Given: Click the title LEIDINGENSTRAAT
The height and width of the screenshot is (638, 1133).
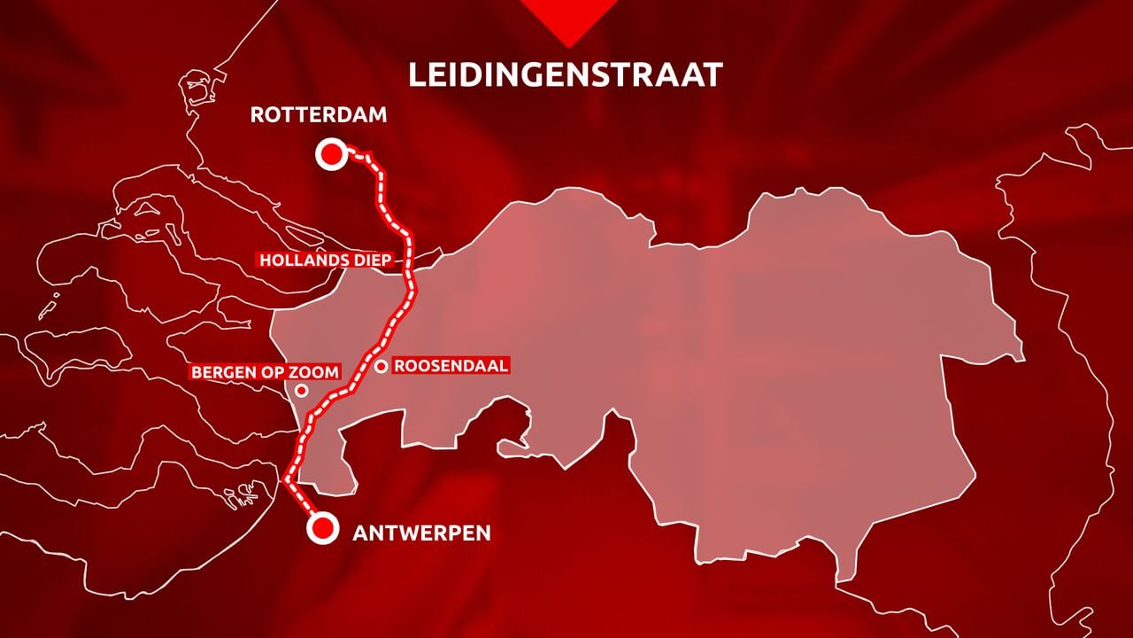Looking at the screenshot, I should pyautogui.click(x=566, y=74).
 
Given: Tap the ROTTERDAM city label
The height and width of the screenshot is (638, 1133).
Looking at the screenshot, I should pyautogui.click(x=319, y=115).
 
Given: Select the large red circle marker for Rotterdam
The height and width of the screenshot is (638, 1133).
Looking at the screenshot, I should pyautogui.click(x=331, y=155).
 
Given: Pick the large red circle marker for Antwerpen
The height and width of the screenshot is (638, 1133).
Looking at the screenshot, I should pyautogui.click(x=323, y=529).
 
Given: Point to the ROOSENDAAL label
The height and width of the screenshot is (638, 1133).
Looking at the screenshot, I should pyautogui.click(x=451, y=365).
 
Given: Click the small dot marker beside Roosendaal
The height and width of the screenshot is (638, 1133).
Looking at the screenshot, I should pyautogui.click(x=381, y=366).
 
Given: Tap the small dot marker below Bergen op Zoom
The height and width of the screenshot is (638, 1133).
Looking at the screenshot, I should pyautogui.click(x=301, y=390).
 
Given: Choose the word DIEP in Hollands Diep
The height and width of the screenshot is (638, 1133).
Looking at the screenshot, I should pyautogui.click(x=369, y=261).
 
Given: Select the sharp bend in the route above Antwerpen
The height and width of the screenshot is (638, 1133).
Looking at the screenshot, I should pyautogui.click(x=287, y=479).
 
